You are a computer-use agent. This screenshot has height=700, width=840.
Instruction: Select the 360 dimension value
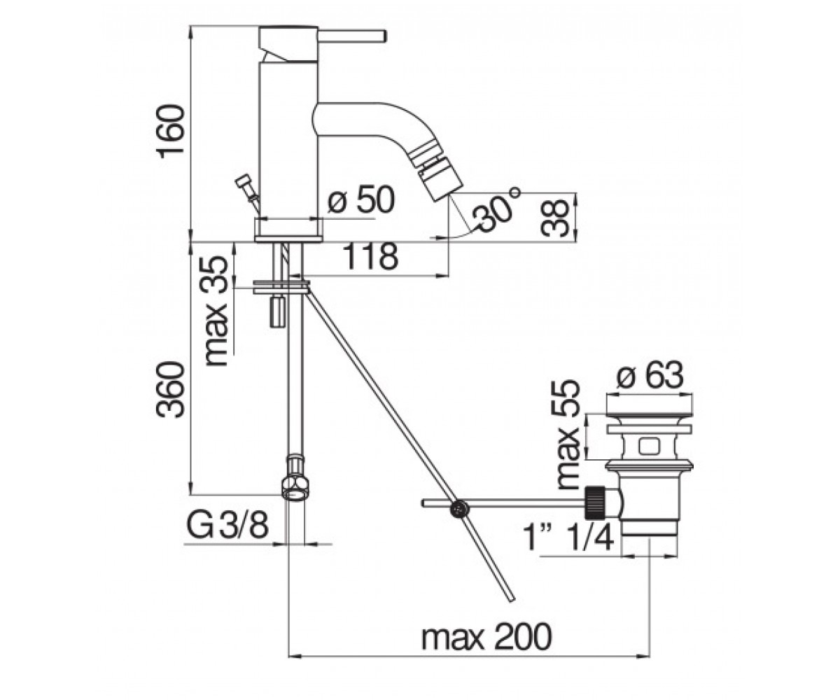pyautogui.click(x=171, y=390)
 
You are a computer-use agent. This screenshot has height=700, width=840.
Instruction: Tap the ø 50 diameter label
pyautogui.click(x=360, y=200)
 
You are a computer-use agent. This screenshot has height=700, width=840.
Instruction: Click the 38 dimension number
pyautogui.click(x=555, y=218)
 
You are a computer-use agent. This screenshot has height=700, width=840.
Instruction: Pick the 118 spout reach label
pyautogui.click(x=370, y=257)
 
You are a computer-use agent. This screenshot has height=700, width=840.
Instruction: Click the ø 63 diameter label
pyautogui.click(x=650, y=375)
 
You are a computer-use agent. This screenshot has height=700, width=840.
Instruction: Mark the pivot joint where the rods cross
pyautogui.click(x=459, y=509)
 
